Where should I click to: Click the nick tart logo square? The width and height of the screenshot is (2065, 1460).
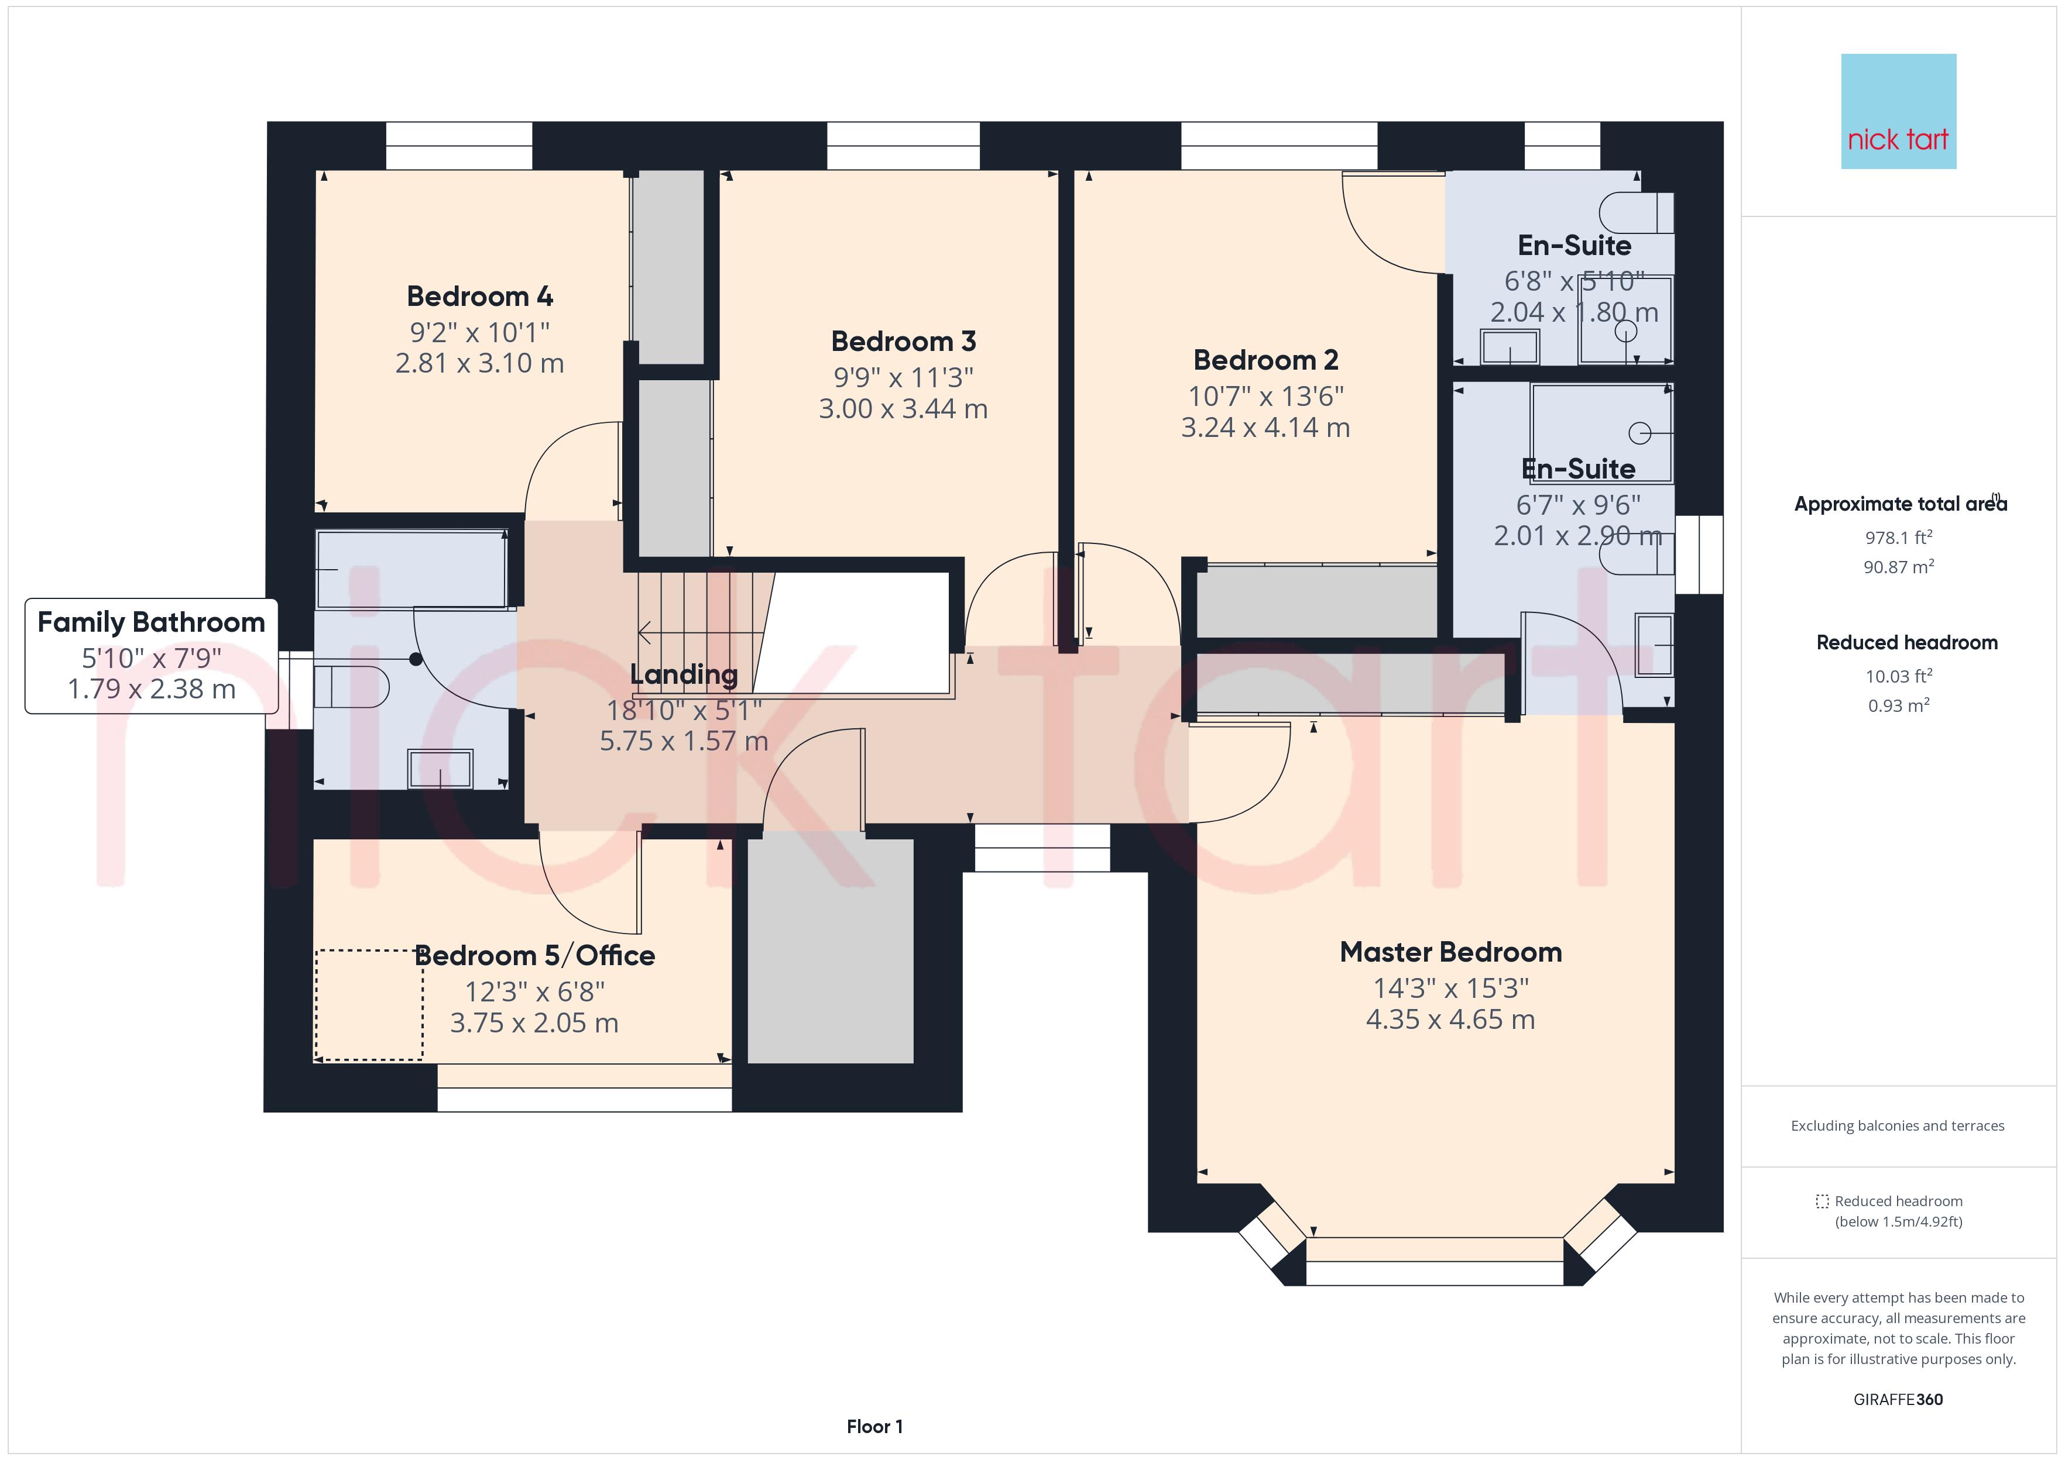[x=1899, y=112]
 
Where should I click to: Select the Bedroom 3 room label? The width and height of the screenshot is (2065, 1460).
[x=903, y=341]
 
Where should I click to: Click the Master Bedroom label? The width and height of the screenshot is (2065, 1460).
[x=1451, y=952]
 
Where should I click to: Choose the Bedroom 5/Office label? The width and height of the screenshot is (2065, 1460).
[x=534, y=956]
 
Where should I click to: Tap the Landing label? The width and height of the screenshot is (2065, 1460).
[x=684, y=674]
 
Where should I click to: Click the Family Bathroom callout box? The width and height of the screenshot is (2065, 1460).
[x=151, y=656]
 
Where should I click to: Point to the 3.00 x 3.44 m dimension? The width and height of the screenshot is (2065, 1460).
[x=903, y=409]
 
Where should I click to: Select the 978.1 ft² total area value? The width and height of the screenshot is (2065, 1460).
[x=1899, y=538]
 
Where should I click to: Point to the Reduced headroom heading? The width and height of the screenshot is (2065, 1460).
[x=1907, y=643]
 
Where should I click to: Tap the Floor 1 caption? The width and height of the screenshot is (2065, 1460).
[x=874, y=1427]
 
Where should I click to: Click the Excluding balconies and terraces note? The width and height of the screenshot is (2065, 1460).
[x=1898, y=1125]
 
